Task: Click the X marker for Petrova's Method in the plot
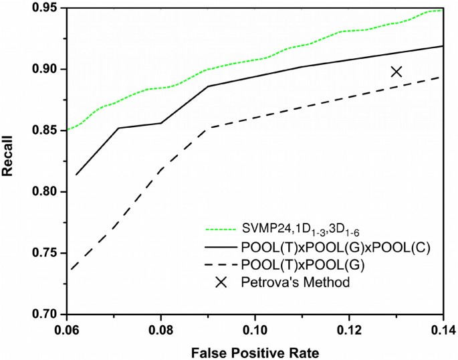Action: coord(396,72)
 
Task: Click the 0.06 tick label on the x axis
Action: coord(67,330)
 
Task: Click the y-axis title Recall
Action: coord(10,162)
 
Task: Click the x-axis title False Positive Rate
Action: coord(254,351)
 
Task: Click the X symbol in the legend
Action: coord(221,282)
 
